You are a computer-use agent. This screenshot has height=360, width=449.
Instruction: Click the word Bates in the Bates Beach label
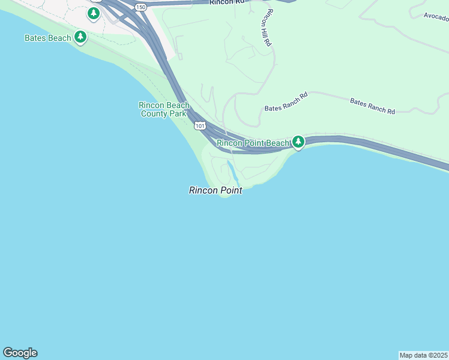pyautogui.click(x=35, y=38)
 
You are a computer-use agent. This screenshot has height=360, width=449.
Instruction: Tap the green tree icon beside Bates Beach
pyautogui.click(x=80, y=37)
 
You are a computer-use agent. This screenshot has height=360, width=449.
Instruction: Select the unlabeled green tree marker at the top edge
pyautogui.click(x=93, y=13)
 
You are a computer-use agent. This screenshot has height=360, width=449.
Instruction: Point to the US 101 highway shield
pyautogui.click(x=200, y=125)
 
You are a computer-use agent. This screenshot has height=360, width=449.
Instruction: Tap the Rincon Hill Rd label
pyautogui.click(x=267, y=28)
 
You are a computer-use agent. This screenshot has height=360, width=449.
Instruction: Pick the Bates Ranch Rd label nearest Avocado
pyautogui.click(x=372, y=107)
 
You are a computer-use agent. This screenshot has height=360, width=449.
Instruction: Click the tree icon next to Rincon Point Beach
pyautogui.click(x=298, y=142)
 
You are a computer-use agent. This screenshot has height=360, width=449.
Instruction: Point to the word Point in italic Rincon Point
pyautogui.click(x=231, y=190)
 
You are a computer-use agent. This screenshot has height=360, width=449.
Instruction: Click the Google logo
pyautogui.click(x=20, y=353)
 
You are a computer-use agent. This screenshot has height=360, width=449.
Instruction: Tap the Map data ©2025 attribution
pyautogui.click(x=424, y=355)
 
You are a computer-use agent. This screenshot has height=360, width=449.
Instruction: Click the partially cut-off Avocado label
pyautogui.click(x=436, y=16)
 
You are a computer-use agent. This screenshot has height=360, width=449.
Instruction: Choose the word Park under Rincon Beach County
pyautogui.click(x=181, y=113)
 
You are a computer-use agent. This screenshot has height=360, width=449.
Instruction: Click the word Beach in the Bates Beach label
pyautogui.click(x=59, y=38)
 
